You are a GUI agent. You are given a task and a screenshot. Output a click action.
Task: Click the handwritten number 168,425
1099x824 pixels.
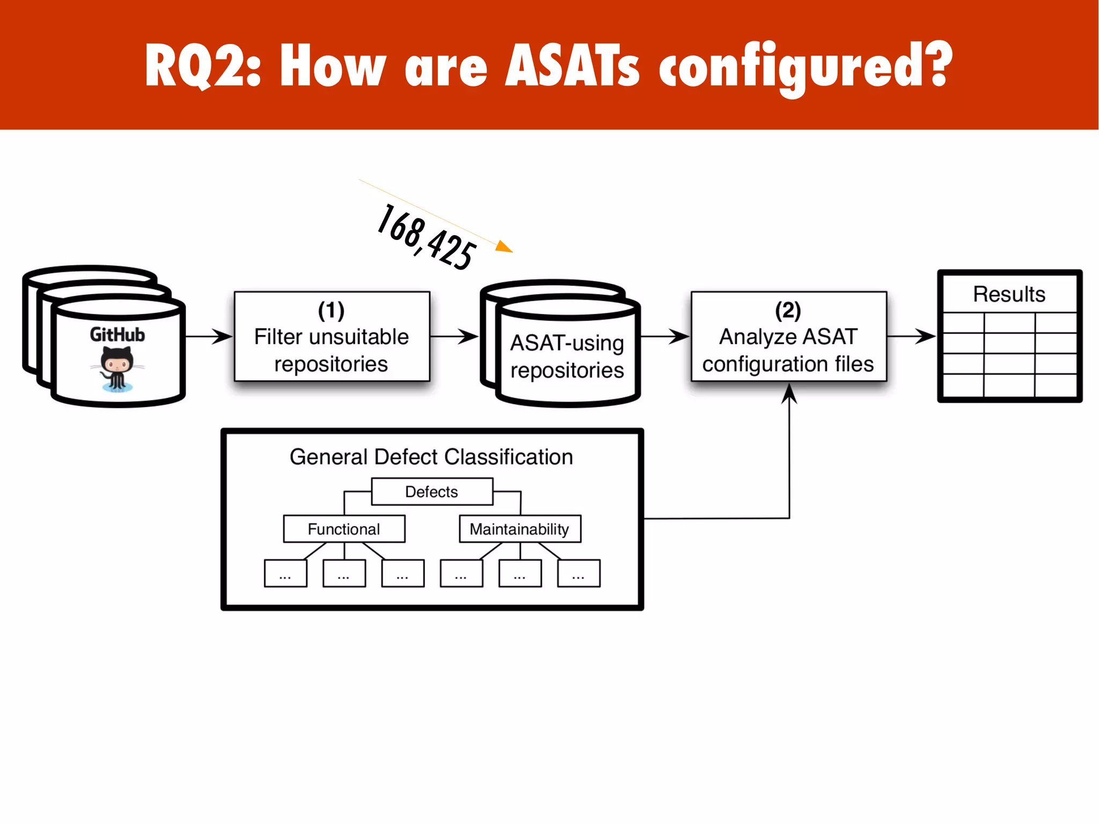coord(427,237)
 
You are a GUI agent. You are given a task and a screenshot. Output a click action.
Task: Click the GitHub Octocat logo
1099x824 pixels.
coord(117,368)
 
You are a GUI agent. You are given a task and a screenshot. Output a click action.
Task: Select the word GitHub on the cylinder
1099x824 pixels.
coord(117,334)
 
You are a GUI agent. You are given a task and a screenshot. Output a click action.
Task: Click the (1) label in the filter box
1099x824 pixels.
coord(331,310)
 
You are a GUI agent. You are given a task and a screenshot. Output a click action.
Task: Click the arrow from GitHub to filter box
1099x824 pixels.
coord(209,337)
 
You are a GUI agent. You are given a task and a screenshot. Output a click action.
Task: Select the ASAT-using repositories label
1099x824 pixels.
coord(567,356)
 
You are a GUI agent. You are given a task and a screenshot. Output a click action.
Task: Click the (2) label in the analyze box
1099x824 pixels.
coord(788,310)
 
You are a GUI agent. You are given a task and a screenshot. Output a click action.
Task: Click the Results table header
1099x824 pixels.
coord(1009,294)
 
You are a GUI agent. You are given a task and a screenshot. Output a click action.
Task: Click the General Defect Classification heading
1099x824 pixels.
coord(431,457)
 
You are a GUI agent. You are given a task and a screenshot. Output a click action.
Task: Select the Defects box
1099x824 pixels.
coord(431,492)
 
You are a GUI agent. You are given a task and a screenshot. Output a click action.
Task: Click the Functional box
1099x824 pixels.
coord(343,529)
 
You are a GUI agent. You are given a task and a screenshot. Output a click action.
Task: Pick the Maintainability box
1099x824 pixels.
coord(519,529)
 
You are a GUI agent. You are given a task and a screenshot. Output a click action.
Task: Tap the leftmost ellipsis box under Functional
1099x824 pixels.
coord(285,573)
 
